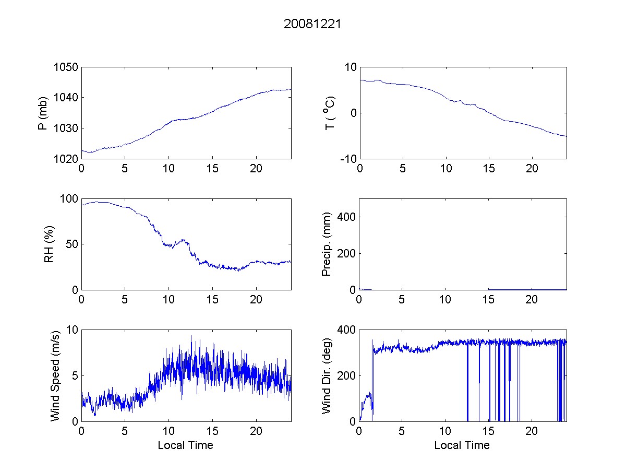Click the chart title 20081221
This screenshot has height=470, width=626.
click(312, 24)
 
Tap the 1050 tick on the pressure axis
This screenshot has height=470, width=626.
click(66, 67)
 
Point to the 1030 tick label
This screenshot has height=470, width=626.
click(66, 128)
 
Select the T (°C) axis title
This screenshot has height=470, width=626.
click(330, 113)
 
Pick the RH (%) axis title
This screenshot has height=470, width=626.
click(49, 244)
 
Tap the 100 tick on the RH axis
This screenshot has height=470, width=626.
click(70, 199)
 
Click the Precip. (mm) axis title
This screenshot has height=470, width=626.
click(327, 244)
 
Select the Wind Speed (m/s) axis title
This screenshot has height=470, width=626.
click(55, 375)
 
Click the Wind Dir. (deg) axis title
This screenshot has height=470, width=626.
click(327, 375)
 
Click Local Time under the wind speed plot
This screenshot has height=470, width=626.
click(185, 445)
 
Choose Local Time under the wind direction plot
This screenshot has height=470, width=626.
click(462, 445)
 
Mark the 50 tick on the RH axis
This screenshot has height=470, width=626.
click(73, 244)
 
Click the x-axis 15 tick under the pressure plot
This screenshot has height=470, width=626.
click(212, 169)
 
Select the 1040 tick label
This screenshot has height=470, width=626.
click(66, 98)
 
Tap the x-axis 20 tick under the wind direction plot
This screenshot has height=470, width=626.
click(532, 432)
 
